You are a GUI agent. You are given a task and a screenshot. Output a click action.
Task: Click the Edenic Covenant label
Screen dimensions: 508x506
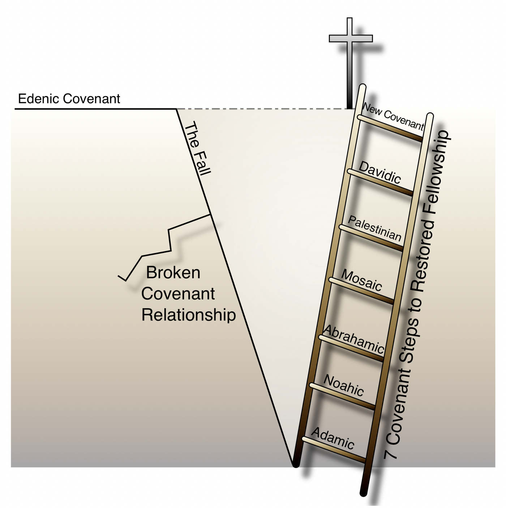(x=69, y=99)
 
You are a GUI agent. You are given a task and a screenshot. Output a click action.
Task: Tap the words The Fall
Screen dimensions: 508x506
(x=197, y=148)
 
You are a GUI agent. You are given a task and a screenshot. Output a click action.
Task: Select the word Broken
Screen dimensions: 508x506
(x=173, y=272)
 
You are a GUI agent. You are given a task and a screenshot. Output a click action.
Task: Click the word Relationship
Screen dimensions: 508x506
(x=188, y=315)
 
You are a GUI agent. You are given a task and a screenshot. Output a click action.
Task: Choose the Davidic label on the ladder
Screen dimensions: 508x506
(x=380, y=173)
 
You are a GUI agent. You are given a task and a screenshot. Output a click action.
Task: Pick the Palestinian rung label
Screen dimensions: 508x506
(x=375, y=228)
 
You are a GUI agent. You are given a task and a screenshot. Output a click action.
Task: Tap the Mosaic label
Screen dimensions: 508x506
(x=362, y=280)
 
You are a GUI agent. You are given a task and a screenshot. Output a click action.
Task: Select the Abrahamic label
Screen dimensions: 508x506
(x=353, y=339)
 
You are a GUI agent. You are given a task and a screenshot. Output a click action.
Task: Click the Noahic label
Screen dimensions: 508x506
(x=344, y=385)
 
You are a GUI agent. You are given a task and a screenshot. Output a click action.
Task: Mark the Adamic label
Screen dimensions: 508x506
(x=333, y=438)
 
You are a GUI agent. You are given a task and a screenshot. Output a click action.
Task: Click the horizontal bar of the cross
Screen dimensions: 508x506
(x=351, y=38)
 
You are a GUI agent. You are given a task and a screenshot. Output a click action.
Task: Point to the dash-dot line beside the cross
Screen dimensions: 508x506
(x=260, y=109)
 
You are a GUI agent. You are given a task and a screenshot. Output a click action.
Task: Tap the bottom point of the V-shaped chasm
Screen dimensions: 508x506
(x=293, y=465)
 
